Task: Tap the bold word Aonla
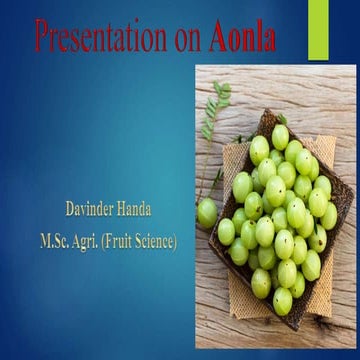pyautogui.click(x=243, y=38)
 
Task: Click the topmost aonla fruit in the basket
pyautogui.click(x=280, y=133)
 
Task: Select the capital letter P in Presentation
pyautogui.click(x=42, y=38)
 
